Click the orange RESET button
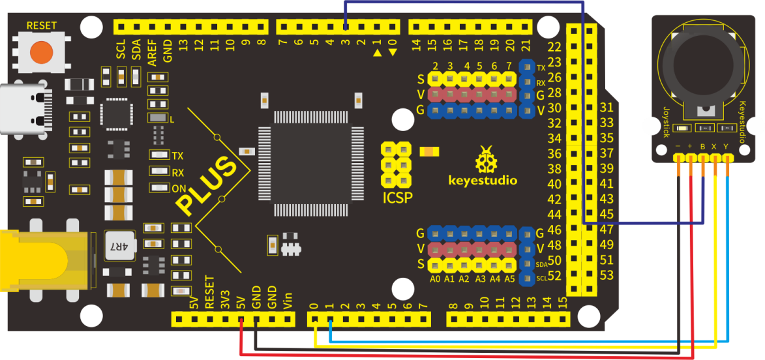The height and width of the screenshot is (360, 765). click(42, 51)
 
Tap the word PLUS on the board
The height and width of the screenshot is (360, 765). click(208, 186)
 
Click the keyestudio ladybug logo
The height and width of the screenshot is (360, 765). click(483, 159)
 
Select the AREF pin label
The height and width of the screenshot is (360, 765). click(152, 52)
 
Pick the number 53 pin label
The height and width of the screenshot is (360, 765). click(607, 276)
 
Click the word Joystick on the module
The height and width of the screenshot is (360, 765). click(666, 121)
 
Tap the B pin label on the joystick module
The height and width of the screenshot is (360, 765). click(702, 146)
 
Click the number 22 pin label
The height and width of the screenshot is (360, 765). click(555, 48)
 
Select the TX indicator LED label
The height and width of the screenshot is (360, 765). click(177, 156)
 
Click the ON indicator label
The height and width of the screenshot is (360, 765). click(179, 188)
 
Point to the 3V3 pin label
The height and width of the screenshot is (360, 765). click(226, 299)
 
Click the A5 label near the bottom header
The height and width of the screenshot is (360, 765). click(510, 280)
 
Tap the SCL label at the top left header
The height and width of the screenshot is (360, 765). click(121, 50)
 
